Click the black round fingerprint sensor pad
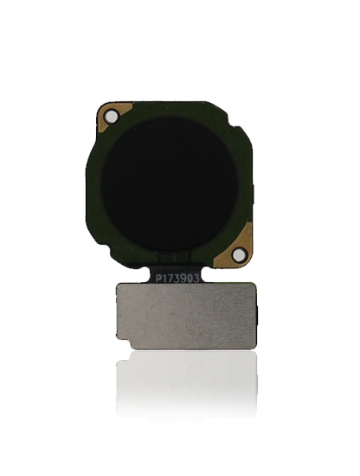170,185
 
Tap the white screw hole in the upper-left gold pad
112,117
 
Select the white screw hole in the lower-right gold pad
238,254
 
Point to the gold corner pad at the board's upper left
114,115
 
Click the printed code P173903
177,278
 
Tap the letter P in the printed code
159,279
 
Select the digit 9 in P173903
184,278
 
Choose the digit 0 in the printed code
190,278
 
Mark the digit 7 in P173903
171,279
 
